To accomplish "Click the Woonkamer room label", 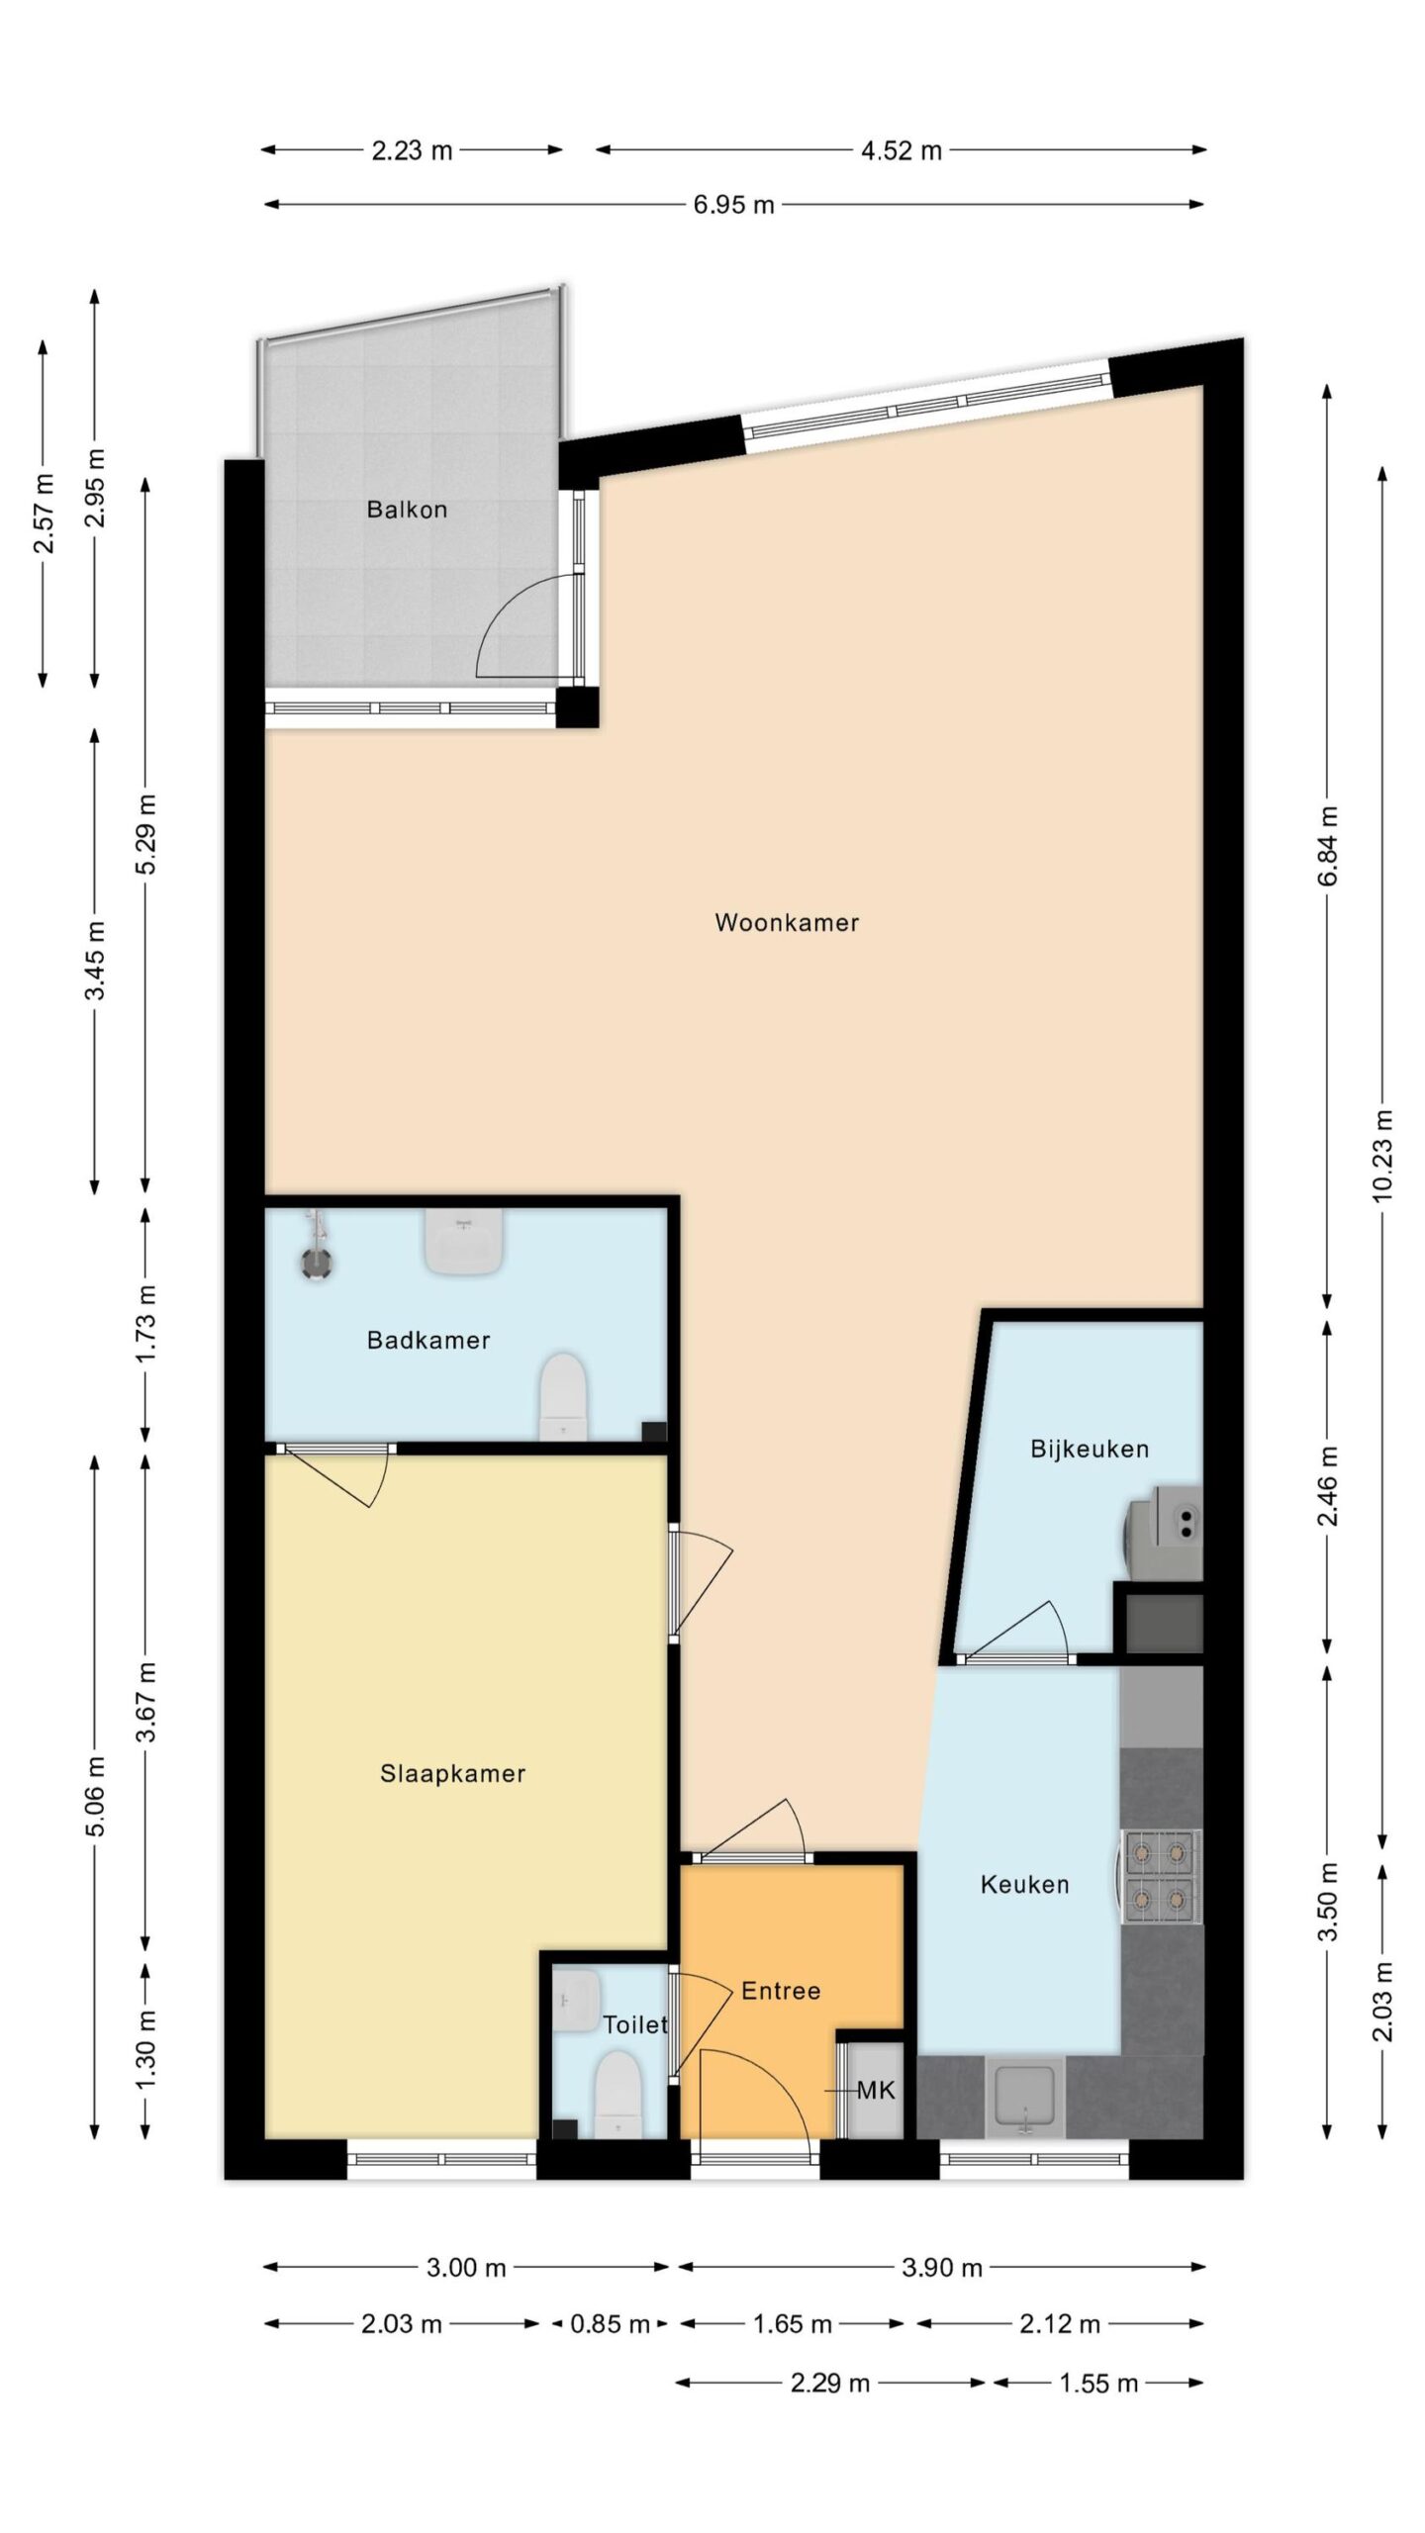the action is [787, 922].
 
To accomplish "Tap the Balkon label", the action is [407, 510].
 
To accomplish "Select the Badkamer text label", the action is [428, 1340].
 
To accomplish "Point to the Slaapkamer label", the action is [452, 1773].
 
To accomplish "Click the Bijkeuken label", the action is [1090, 1450].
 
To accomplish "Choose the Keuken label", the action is [1024, 1885].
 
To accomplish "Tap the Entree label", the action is [781, 1991].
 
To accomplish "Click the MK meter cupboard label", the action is [876, 2091].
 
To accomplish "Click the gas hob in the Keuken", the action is [1161, 1877].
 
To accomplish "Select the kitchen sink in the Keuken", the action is [1025, 2098].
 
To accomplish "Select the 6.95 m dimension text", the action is [733, 205].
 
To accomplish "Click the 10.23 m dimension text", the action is [1382, 1156].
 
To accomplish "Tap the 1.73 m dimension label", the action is [145, 1324].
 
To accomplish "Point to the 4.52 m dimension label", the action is [901, 150].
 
